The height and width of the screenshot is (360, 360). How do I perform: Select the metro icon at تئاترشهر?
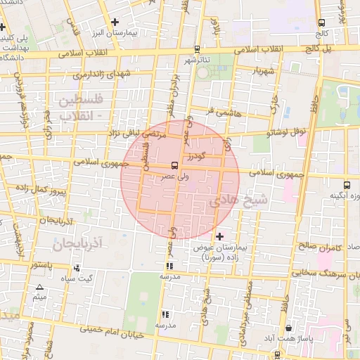click(x=196, y=50)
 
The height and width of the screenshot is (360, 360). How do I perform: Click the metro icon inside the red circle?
click(x=174, y=166)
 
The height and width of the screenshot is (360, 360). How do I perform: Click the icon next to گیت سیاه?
click(x=76, y=268)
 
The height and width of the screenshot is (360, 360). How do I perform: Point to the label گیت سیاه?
click(x=76, y=278)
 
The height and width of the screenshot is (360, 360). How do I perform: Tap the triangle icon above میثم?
click(x=39, y=288)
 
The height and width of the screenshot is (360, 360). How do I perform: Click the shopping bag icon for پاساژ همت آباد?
click(x=289, y=328)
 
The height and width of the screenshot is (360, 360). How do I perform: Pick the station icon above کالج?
click(x=322, y=22)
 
